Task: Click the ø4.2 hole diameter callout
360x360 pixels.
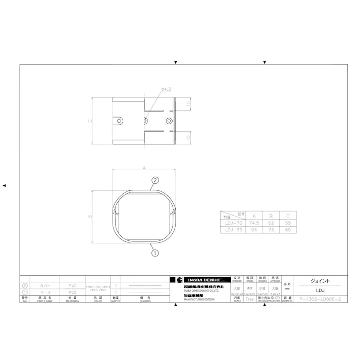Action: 167,89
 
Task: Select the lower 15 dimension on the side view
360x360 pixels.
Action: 188,137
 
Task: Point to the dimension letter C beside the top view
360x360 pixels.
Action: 90,121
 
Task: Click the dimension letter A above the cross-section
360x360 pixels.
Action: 144,167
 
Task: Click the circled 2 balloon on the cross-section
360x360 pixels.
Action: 155,180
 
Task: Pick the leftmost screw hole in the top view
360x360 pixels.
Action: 120,121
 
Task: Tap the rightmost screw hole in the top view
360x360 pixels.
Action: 169,121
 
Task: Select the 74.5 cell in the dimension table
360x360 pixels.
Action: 253,223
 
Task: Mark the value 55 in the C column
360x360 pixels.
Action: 287,223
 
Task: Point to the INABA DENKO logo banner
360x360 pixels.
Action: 199,280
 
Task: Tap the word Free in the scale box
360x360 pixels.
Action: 249,299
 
